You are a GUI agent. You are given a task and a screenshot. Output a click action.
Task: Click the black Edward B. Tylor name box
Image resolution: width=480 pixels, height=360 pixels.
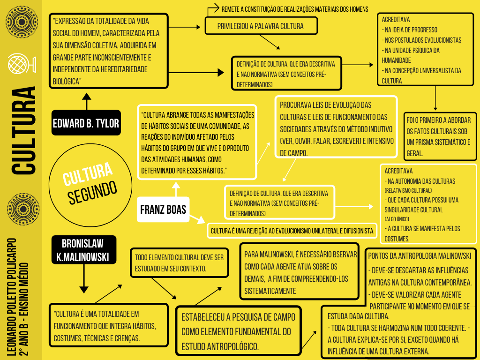coord(86,123)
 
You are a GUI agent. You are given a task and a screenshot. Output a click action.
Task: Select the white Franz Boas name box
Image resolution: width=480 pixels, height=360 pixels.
coord(163,210)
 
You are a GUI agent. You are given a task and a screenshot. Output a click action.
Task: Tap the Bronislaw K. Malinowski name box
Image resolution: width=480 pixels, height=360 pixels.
coord(83,250)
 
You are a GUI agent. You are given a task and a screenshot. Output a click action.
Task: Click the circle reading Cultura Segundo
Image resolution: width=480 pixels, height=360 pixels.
coord(90,185)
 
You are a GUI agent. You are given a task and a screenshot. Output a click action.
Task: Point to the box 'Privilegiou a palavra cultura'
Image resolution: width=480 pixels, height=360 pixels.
coord(261,26)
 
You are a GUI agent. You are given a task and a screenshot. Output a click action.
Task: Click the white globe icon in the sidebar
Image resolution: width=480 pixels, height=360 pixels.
coord(22,63)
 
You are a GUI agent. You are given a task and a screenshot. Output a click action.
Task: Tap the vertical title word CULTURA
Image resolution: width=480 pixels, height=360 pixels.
coord(23,131)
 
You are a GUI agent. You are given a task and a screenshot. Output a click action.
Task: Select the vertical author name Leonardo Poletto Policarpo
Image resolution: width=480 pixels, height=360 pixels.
coord(12,297)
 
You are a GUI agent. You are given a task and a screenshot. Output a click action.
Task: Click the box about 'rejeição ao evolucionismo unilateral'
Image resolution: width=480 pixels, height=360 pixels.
coord(292,231)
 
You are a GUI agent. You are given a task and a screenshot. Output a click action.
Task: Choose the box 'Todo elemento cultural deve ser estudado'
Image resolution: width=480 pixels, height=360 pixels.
coord(180,263)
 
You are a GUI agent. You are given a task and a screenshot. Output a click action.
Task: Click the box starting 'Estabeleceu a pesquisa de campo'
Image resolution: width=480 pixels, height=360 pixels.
coord(238,331)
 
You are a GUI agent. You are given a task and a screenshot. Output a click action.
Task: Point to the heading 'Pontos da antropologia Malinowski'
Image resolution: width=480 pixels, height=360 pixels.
coord(420,256)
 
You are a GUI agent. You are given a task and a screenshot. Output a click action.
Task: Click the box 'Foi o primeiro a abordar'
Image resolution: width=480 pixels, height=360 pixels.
coord(440,136)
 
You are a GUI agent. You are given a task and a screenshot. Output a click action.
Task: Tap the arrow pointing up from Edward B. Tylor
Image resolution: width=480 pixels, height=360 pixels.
coord(87,101)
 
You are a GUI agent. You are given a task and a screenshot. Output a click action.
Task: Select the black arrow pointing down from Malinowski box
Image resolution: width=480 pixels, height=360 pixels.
coord(84,278)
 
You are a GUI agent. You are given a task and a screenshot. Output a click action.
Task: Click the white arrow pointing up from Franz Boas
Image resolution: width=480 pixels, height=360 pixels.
coord(176,189)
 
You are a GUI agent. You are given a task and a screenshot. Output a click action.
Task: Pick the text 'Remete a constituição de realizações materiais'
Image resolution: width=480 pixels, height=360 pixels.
coord(295,9)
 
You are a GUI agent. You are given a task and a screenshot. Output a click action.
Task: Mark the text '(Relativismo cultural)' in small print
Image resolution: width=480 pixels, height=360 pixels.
coord(408,190)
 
